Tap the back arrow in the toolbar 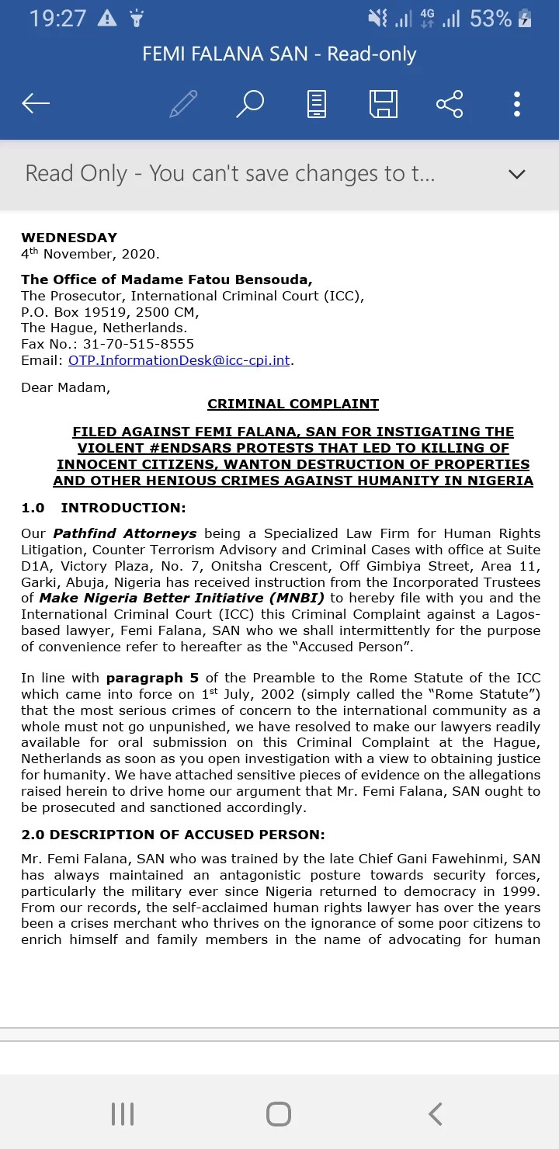[x=36, y=103]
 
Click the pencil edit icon [x=183, y=103]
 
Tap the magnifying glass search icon [x=250, y=103]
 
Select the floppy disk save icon [x=383, y=103]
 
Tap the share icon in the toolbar [x=450, y=103]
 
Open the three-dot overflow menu [x=517, y=103]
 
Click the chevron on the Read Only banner [x=516, y=174]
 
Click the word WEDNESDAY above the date [x=69, y=238]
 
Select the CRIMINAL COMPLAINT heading [x=293, y=404]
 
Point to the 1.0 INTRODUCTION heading [x=103, y=508]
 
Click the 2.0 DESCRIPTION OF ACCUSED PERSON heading [x=173, y=835]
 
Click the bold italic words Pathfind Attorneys [x=124, y=533]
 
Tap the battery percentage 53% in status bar [x=491, y=19]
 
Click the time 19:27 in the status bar [x=57, y=19]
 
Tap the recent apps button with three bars [x=123, y=1114]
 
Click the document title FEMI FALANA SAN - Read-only [x=279, y=54]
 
